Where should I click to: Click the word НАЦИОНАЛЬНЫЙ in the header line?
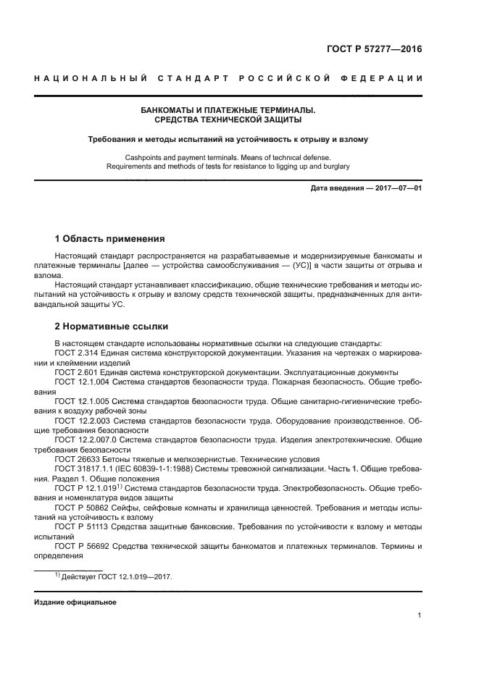[x=91, y=78]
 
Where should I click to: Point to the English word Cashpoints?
[x=144, y=157]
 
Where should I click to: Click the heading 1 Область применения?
[x=109, y=239]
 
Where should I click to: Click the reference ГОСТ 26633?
[x=78, y=459]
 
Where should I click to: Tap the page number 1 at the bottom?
[x=419, y=615]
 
